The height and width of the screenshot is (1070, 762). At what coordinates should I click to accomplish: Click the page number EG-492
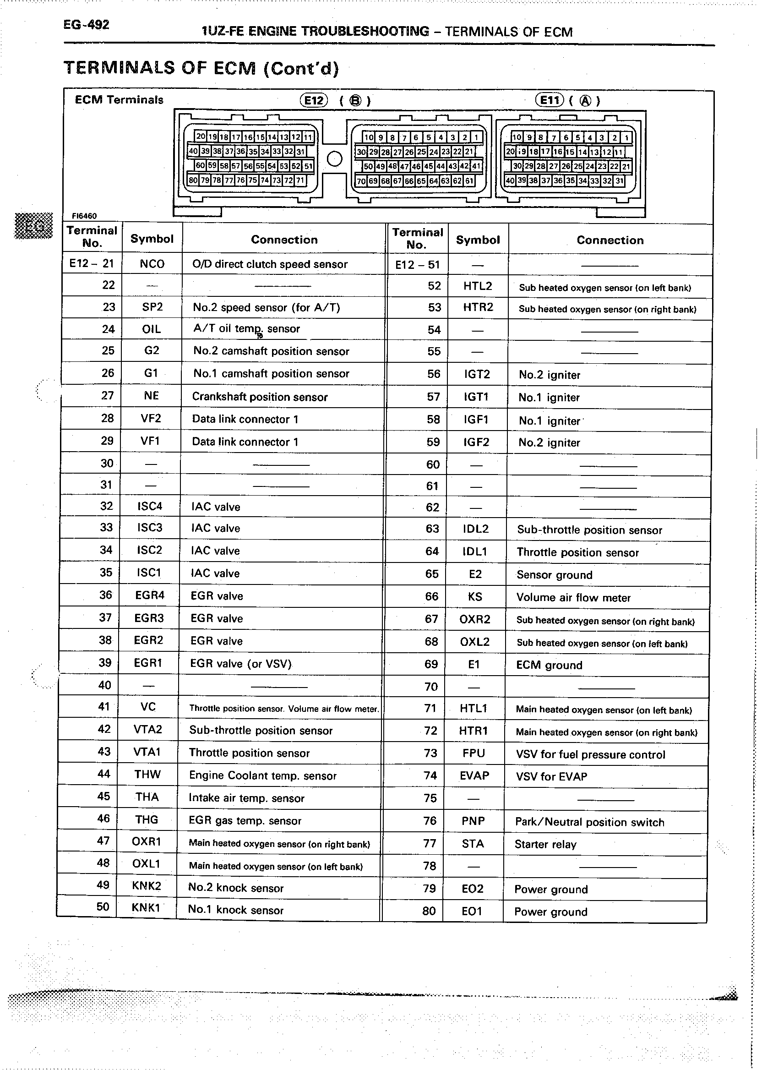[87, 25]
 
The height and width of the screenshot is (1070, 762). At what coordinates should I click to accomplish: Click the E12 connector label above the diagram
[313, 100]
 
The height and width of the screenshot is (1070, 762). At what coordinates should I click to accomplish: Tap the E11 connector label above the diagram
[550, 99]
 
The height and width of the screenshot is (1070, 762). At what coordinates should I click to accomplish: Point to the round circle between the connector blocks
[335, 158]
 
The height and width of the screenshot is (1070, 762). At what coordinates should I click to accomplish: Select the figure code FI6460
[84, 216]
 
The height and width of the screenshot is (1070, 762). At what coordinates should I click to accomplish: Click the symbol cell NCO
[152, 264]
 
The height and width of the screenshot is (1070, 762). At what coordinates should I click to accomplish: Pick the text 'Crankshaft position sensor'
[260, 397]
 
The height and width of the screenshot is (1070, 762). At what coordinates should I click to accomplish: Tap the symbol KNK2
[147, 885]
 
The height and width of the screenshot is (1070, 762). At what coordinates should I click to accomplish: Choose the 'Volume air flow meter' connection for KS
[573, 597]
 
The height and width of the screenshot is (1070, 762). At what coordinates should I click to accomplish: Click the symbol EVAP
[474, 776]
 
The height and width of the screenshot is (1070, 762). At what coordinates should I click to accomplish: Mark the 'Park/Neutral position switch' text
[589, 822]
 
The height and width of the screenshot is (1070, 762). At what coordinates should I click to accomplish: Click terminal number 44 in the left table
[103, 774]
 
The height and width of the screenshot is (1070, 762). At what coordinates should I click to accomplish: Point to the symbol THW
[147, 775]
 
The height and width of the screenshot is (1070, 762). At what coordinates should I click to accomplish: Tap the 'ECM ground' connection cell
[549, 665]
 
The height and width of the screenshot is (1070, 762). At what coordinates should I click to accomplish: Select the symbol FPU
[474, 753]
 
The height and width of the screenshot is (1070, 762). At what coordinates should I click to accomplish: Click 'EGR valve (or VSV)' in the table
[241, 663]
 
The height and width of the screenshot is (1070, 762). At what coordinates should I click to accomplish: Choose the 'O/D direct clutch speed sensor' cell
[270, 264]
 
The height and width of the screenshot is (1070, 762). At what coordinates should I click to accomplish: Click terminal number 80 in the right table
[429, 911]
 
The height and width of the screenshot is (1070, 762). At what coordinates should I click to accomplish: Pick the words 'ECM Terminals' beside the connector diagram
[119, 99]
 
